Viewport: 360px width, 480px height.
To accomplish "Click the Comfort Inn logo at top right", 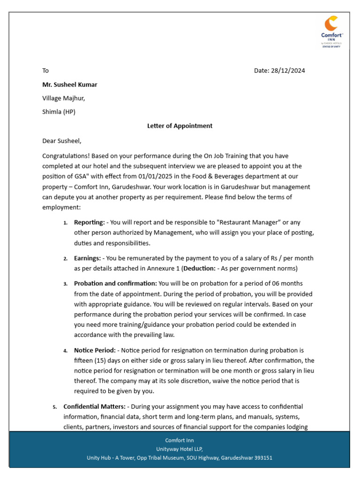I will [x=332, y=32].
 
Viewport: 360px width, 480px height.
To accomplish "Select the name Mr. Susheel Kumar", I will [x=70, y=85].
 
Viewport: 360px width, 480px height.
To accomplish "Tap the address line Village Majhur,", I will [x=64, y=98].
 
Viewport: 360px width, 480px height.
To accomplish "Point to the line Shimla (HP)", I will [x=59, y=112].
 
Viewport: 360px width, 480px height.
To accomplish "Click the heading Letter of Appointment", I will [x=180, y=126].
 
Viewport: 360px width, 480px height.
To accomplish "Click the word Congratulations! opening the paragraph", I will [x=66, y=156].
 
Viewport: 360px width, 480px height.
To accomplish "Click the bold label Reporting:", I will [x=89, y=223].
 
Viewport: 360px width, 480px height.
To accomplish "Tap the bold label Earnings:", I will [x=87, y=258].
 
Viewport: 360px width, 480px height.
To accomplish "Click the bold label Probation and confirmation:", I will [x=115, y=284].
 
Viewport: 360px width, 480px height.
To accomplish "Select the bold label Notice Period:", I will [x=95, y=350].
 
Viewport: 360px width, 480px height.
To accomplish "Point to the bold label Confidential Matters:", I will [x=94, y=406].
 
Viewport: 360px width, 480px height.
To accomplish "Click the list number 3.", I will [x=66, y=284].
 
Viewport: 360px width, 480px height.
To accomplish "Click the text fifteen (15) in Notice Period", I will [x=92, y=360].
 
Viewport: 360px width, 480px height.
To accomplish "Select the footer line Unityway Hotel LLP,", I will [x=180, y=449].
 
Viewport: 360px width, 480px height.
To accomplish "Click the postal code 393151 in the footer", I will [x=262, y=457].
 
